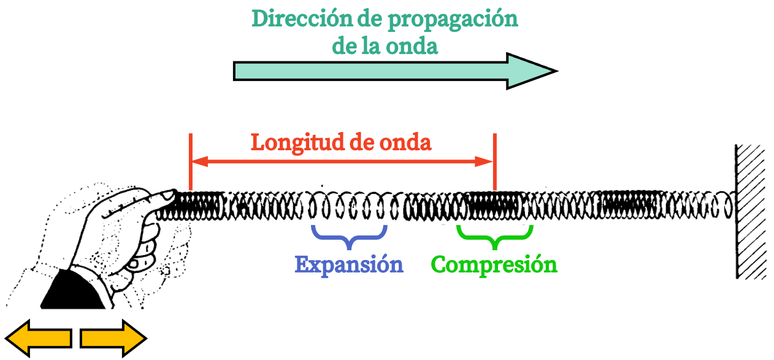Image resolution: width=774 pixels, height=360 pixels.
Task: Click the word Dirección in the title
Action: click(302, 18)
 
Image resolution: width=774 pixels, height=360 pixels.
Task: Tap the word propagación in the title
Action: click(453, 21)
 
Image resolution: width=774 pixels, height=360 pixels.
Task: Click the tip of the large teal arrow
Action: click(557, 71)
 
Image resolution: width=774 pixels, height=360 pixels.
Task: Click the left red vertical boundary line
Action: click(190, 162)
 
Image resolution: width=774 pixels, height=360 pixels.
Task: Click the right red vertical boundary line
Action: click(495, 162)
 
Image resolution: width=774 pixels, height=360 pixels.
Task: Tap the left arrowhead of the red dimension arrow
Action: click(200, 161)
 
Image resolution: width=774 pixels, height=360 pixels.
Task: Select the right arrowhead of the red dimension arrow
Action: click(484, 161)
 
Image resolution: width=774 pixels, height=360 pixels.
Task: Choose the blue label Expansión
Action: click(349, 266)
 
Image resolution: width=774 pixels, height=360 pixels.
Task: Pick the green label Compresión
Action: click(494, 266)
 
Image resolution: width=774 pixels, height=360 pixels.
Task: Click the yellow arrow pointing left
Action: click(39, 339)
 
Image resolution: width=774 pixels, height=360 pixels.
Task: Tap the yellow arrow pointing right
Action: click(113, 339)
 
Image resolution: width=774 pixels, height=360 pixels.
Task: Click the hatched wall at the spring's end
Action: click(751, 212)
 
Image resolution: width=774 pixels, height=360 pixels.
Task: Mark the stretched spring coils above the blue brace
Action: click(349, 206)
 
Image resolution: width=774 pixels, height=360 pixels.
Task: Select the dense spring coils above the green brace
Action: click(494, 206)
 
